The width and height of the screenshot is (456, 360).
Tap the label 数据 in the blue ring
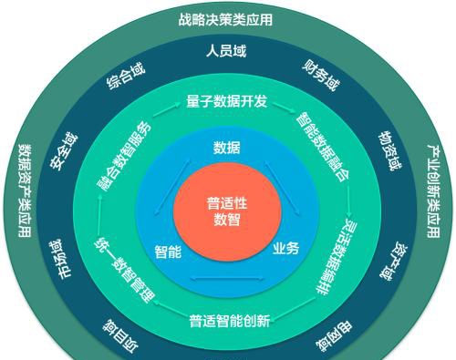click(x=227, y=148)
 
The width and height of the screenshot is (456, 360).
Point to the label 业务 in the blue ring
click(x=285, y=248)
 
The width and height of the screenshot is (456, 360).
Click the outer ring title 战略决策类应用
click(x=226, y=18)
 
